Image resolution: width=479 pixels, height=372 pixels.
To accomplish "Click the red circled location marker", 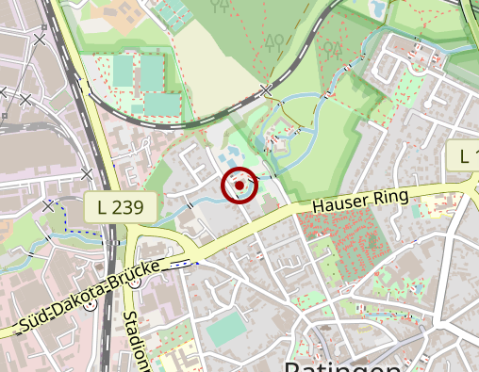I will tap(239, 186).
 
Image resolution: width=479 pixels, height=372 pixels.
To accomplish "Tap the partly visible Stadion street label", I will tap(135, 339).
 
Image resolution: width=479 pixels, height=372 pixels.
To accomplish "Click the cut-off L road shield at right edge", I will tap(464, 155).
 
